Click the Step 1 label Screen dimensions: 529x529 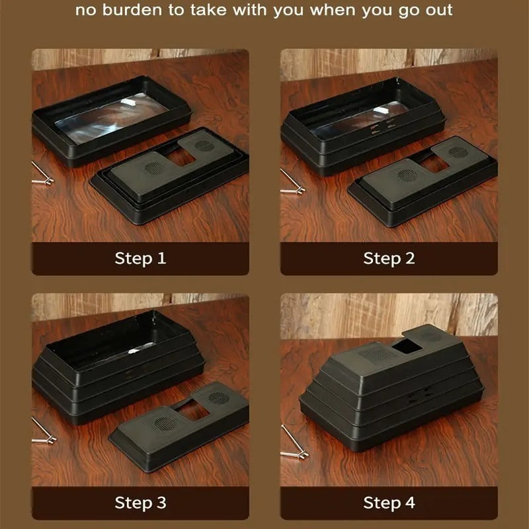tap(140, 259)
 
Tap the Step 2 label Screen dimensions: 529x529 tap(389, 259)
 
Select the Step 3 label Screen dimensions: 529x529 tap(140, 503)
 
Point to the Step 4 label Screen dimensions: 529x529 tap(389, 503)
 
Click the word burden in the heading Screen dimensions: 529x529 tap(132, 10)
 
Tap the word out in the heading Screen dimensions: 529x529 tap(439, 11)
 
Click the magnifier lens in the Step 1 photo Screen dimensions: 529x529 tap(112, 118)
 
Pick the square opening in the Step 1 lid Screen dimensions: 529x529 tap(181, 157)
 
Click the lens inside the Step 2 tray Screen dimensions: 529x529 tap(360, 120)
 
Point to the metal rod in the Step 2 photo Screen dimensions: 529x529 tap(292, 183)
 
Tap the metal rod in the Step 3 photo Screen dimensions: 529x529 tap(44, 431)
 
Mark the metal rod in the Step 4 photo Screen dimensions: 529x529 tap(294, 442)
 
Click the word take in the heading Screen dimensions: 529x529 tap(209, 10)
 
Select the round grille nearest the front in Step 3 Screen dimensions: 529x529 tap(164, 423)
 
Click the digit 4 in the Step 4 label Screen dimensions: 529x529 tap(409, 503)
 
